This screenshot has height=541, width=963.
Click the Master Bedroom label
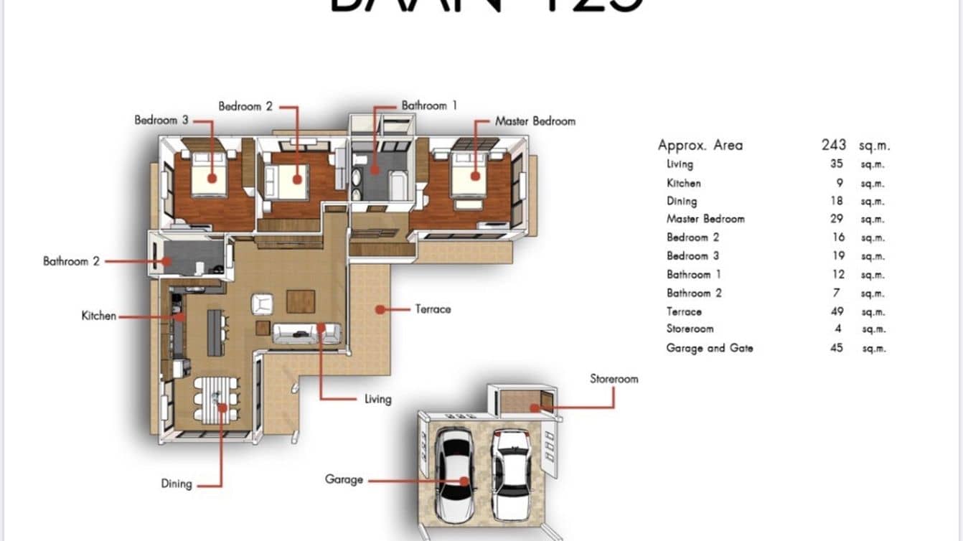click(x=535, y=121)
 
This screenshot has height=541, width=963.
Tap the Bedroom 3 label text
click(x=161, y=120)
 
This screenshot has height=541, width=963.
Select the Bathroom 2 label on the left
click(x=71, y=261)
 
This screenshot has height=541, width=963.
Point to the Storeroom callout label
click(x=614, y=379)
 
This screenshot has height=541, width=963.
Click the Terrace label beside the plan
click(x=433, y=309)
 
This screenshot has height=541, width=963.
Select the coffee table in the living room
click(x=301, y=301)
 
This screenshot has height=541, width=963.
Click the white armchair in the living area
click(x=262, y=304)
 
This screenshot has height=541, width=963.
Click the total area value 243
click(x=834, y=145)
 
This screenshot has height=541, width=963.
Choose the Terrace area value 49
click(x=836, y=311)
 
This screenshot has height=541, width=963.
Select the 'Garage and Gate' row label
click(x=709, y=348)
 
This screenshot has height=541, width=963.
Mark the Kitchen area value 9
click(x=839, y=183)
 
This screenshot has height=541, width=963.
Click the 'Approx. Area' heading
click(x=700, y=145)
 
